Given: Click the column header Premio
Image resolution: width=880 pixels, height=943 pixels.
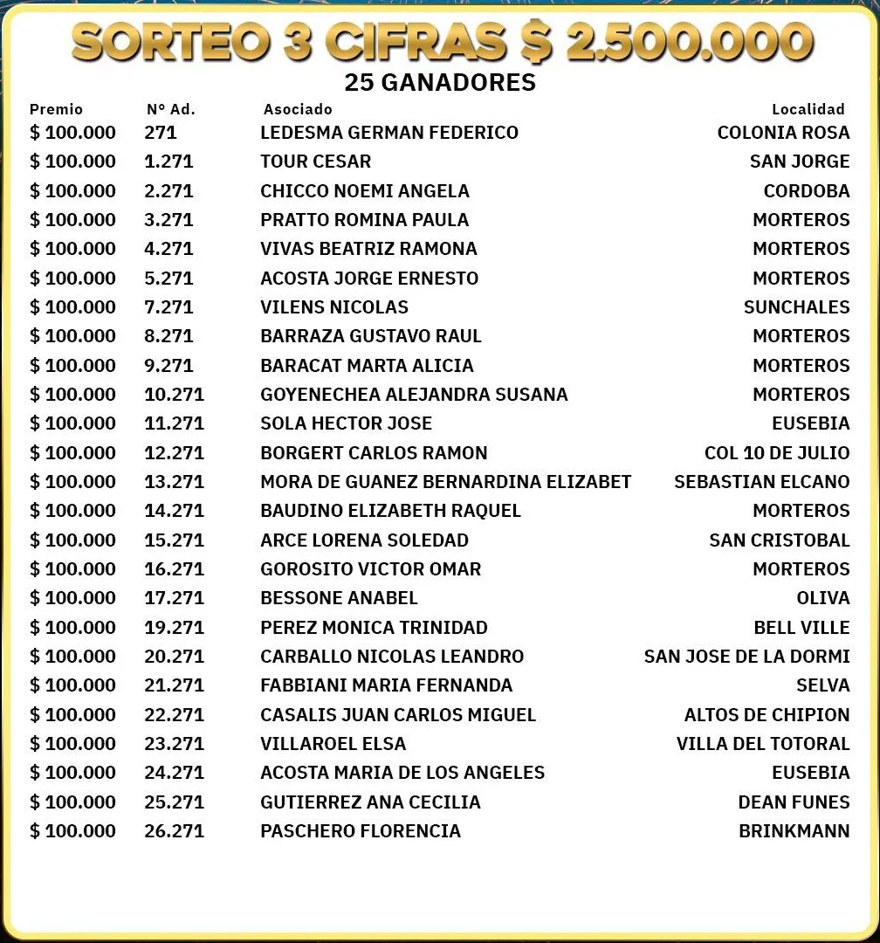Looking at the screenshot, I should (x=56, y=109).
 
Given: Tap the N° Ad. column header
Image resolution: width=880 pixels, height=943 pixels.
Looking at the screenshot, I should (x=170, y=109).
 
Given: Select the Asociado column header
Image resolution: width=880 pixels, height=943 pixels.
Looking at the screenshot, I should (x=298, y=109).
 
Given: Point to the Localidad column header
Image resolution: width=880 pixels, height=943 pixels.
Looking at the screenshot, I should (x=808, y=109).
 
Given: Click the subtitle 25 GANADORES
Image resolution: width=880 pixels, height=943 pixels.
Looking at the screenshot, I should (x=440, y=83).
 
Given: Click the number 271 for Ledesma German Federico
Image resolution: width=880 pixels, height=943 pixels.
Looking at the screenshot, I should (x=161, y=133).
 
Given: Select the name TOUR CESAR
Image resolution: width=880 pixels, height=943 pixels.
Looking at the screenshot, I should (x=315, y=162).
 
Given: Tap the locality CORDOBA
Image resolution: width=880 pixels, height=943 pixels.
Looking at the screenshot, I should (x=806, y=190).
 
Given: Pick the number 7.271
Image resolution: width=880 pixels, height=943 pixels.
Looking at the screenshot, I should (x=168, y=307).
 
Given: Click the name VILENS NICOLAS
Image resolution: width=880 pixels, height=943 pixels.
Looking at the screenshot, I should (x=334, y=307).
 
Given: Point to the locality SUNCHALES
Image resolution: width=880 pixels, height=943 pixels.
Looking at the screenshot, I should (x=796, y=307).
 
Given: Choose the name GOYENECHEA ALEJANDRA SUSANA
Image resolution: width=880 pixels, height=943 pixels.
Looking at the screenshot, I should (x=414, y=395).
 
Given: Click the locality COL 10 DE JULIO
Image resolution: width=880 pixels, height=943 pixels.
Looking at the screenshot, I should (x=776, y=452).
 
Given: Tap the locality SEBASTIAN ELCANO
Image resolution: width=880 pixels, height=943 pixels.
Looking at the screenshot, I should (x=761, y=482).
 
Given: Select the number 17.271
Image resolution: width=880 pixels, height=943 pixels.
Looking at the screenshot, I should (x=174, y=598).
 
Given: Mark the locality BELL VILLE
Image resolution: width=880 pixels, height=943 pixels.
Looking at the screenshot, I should (x=801, y=627).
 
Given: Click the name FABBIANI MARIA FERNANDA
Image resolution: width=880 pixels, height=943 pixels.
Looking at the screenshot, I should (x=386, y=685).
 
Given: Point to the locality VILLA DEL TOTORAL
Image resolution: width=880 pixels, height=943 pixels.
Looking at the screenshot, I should (x=762, y=744).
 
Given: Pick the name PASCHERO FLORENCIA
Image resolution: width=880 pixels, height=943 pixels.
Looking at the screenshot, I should (x=360, y=831).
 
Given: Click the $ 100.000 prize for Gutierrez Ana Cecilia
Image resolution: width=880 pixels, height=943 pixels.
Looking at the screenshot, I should (x=72, y=802).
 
